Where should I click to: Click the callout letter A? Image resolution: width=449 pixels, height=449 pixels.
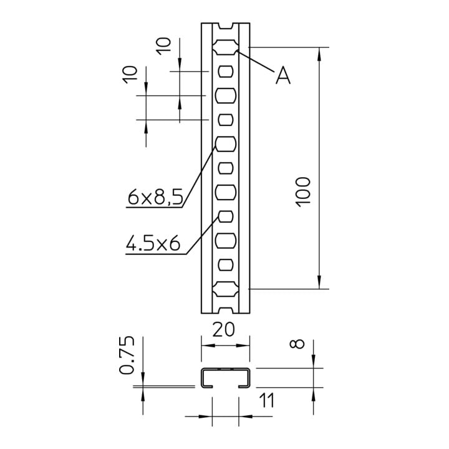click(283, 75)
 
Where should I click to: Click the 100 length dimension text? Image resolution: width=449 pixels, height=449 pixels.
click(303, 192)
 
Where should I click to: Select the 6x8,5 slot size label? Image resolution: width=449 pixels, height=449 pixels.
click(155, 197)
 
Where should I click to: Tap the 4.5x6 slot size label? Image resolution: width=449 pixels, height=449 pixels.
click(153, 243)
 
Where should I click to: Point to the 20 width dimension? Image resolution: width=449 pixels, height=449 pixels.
click(223, 330)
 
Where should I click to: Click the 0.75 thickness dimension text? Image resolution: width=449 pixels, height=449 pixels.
click(126, 355)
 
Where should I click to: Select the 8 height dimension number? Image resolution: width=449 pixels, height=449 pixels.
click(297, 344)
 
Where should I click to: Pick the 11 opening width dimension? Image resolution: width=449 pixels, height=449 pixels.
click(267, 400)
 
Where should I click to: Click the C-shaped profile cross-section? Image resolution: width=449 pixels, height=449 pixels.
click(225, 369)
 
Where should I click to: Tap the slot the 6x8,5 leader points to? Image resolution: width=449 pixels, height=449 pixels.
click(226, 144)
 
